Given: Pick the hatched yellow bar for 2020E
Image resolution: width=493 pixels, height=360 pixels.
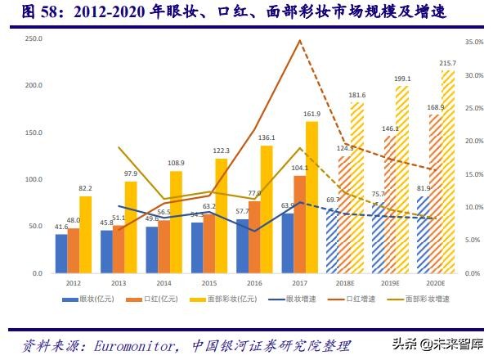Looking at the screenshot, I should pyautogui.click(x=447, y=172).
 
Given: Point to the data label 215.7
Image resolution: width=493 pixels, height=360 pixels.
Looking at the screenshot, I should pyautogui.click(x=448, y=63).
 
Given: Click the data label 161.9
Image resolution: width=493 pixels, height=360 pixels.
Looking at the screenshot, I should pyautogui.click(x=311, y=114).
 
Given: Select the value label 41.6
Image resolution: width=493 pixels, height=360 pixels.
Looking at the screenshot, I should pyautogui.click(x=61, y=227).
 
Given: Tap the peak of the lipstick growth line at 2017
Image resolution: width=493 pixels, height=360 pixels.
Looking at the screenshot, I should pyautogui.click(x=300, y=41).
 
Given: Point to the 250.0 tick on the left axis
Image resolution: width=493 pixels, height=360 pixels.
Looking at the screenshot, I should pyautogui.click(x=33, y=39).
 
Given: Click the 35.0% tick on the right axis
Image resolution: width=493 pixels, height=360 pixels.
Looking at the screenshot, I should pyautogui.click(x=475, y=41).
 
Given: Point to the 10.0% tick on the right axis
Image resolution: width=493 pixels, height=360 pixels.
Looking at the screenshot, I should pyautogui.click(x=475, y=207).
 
